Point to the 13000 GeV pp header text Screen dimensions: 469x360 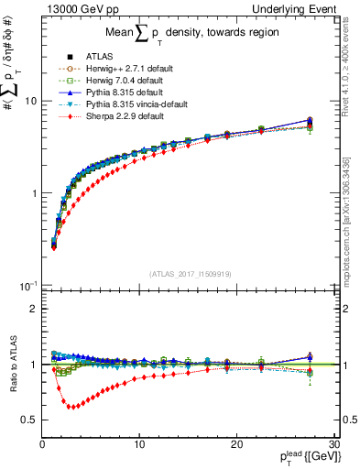75,8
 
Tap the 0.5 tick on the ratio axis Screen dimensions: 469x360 30,419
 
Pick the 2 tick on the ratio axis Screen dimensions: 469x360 33,309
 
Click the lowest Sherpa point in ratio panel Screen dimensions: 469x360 71,406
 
